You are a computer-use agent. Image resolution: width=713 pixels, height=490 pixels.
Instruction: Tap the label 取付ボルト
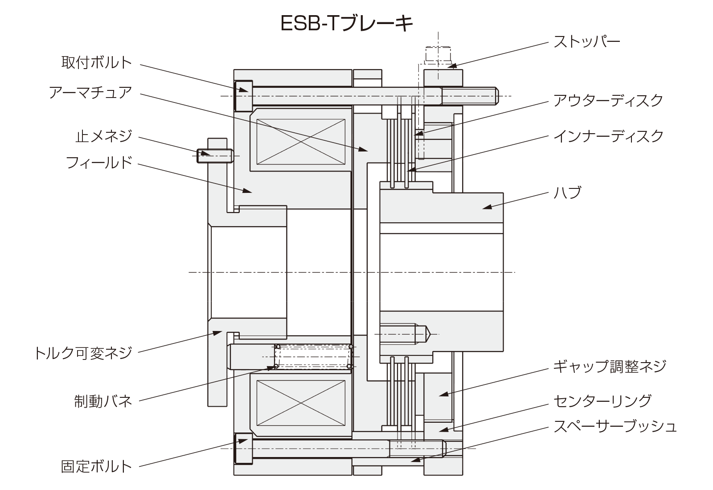click(x=97, y=62)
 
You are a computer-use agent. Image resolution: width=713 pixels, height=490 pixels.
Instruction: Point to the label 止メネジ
click(x=104, y=135)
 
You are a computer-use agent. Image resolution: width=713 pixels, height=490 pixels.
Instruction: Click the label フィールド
click(x=99, y=162)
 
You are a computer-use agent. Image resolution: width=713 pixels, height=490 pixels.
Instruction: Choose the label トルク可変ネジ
click(x=83, y=352)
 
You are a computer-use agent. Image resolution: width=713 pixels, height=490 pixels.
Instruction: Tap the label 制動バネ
click(x=103, y=401)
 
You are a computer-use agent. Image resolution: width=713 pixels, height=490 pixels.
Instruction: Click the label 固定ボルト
click(x=97, y=466)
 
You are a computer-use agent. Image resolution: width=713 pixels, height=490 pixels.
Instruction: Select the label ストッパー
click(x=586, y=42)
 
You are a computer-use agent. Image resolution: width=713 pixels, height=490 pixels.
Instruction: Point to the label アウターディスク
click(x=608, y=100)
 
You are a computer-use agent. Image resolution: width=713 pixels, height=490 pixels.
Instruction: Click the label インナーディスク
click(x=608, y=136)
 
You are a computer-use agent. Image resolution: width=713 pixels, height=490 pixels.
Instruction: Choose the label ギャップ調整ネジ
click(x=609, y=366)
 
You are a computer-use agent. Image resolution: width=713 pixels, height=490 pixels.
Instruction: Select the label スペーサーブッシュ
click(x=615, y=426)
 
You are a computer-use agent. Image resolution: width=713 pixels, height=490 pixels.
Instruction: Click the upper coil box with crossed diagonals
click(x=301, y=142)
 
